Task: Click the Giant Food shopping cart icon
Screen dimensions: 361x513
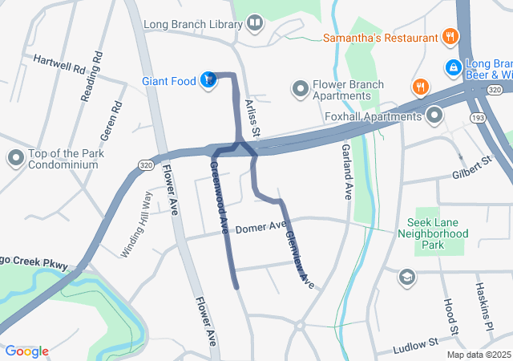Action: click(208, 79)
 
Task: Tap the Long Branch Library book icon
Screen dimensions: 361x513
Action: click(255, 23)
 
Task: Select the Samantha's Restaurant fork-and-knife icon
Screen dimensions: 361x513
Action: click(451, 37)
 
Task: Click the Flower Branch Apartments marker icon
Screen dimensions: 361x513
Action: click(301, 87)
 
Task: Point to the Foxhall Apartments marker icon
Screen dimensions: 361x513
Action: click(435, 116)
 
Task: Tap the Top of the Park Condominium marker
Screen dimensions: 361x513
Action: click(15, 158)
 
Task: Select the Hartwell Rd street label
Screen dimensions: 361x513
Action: click(59, 63)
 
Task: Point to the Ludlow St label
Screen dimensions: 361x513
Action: click(416, 346)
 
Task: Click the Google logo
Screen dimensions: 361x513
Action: click(26, 351)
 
